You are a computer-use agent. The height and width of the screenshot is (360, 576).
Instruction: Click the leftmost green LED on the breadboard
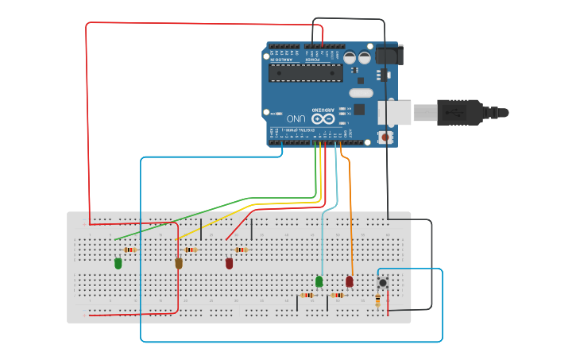pos(118,263)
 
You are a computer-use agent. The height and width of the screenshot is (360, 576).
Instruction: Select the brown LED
pos(179,263)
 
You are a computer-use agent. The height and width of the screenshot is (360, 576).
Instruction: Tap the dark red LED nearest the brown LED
pos(230,263)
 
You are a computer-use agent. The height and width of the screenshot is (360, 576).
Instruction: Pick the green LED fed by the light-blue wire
pos(319,281)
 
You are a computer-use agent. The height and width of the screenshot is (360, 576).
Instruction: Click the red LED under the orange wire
pos(350,281)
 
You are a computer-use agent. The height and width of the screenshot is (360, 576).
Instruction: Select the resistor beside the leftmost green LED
pos(130,250)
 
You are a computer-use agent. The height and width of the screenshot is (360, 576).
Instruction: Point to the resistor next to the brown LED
pos(191,250)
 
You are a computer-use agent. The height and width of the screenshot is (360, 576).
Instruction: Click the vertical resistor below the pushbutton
pos(377,300)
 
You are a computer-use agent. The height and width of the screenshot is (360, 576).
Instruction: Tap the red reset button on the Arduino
pos(386,137)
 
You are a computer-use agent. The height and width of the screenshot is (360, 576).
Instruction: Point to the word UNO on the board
pos(292,117)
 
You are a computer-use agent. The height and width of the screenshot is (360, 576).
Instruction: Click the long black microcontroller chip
pos(306,73)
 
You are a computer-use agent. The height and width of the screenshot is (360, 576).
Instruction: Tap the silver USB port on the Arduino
pos(395,112)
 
